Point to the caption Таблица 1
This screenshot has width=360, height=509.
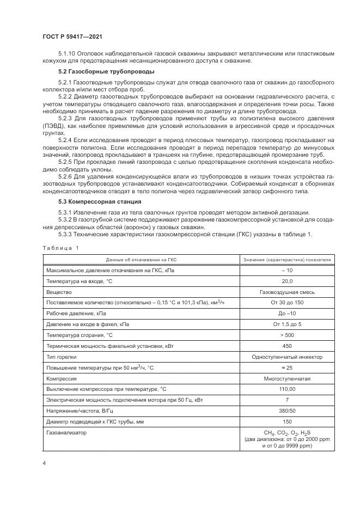60,248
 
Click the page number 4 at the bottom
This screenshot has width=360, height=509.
44,463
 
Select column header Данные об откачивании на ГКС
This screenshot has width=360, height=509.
141,260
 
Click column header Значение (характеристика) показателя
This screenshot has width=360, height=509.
287,260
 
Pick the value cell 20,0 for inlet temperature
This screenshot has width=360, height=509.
287,281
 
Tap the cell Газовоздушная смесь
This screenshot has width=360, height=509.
287,292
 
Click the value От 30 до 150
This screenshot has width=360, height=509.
287,302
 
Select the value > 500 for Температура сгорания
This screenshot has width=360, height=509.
287,334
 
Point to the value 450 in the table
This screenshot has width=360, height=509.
287,346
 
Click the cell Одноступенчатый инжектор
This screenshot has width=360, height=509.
287,357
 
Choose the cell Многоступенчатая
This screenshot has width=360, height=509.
287,378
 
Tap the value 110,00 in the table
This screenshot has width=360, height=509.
287,389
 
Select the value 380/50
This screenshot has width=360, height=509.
287,411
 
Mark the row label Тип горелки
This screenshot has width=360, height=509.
62,357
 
